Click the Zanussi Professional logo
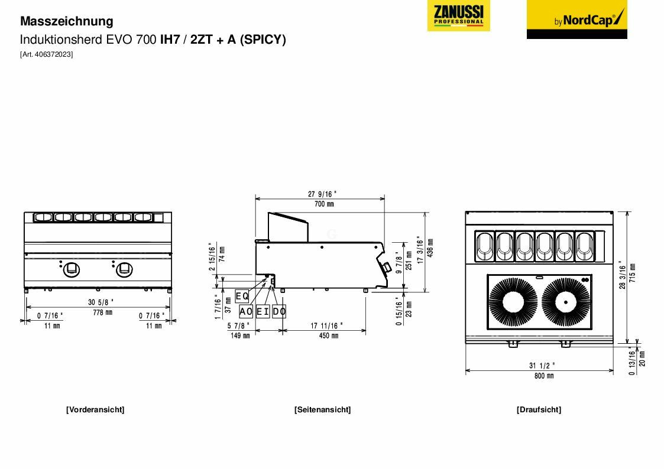(458, 16)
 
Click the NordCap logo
(576, 19)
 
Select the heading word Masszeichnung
(66, 21)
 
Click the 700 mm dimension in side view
(323, 204)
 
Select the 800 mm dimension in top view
(543, 376)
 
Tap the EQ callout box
(242, 296)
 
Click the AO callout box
(246, 311)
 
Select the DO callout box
(279, 311)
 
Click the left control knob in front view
(71, 269)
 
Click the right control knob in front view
(124, 269)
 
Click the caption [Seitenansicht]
(322, 409)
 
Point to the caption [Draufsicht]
(539, 409)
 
